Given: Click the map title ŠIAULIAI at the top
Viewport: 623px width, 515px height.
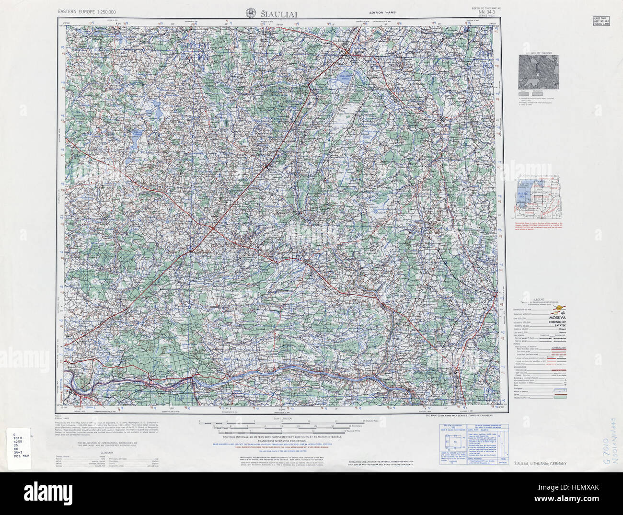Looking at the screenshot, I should (279, 14).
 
